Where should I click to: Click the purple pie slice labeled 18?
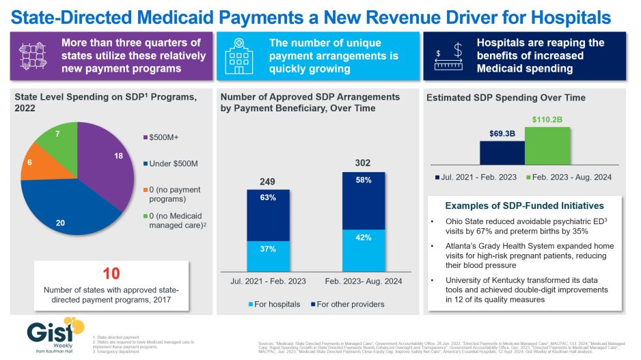coord(106,164)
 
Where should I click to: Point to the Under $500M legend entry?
coord(172,164)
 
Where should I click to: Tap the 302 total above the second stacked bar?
coord(364,163)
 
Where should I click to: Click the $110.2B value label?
coord(547,121)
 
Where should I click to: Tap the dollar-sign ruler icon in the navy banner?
coord(450,54)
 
